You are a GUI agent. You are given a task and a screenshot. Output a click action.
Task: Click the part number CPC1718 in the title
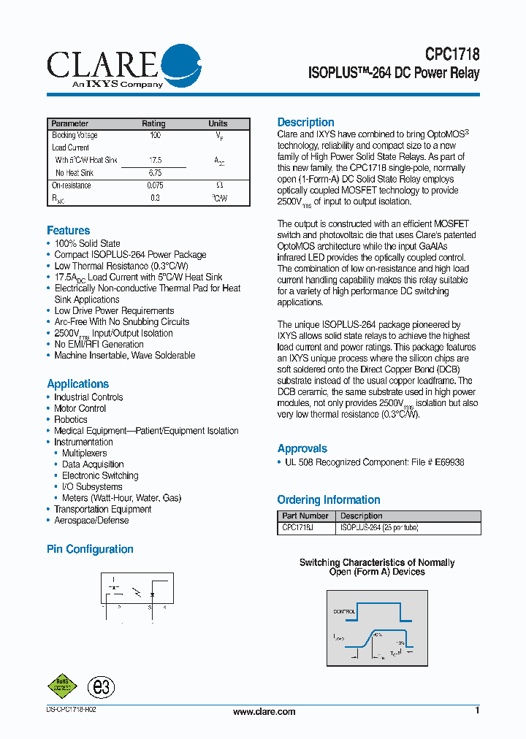click(x=452, y=55)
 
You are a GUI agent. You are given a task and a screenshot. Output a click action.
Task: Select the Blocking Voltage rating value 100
click(x=155, y=136)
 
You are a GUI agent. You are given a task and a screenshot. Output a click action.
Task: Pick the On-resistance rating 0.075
click(x=155, y=186)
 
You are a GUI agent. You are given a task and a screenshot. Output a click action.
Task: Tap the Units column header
click(x=218, y=123)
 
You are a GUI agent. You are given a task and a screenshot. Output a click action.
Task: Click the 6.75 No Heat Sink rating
click(x=155, y=173)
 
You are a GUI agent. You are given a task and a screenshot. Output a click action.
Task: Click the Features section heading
click(x=69, y=231)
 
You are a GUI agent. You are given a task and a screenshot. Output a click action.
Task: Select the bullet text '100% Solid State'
click(x=87, y=244)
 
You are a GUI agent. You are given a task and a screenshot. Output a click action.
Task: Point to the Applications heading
click(x=77, y=384)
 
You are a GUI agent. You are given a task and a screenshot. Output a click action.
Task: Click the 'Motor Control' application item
click(x=80, y=409)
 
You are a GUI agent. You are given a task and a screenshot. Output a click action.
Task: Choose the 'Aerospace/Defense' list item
click(x=91, y=521)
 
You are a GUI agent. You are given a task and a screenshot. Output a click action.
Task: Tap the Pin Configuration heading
click(x=90, y=549)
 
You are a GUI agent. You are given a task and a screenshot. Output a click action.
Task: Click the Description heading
click(x=305, y=123)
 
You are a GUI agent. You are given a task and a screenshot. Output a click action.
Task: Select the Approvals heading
click(x=302, y=449)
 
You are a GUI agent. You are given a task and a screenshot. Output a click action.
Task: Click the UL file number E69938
click(x=449, y=462)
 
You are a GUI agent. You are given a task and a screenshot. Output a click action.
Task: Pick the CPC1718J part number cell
click(x=298, y=527)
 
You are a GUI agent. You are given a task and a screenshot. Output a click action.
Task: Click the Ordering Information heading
click(x=329, y=500)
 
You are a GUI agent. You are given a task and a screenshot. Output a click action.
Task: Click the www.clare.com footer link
click(x=264, y=712)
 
